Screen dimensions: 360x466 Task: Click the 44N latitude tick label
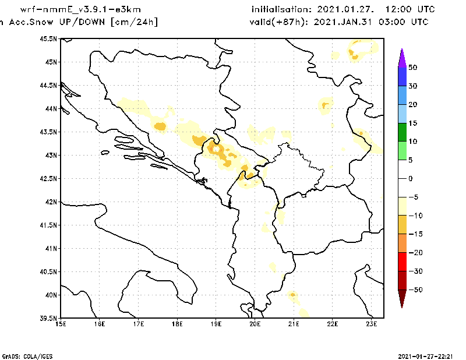point(50,108)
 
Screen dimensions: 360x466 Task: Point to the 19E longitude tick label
point(216,323)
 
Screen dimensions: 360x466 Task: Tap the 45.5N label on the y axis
point(48,38)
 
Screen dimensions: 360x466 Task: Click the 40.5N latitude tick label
point(48,271)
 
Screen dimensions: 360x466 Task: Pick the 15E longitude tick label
point(61,323)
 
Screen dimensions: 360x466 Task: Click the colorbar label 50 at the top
point(412,68)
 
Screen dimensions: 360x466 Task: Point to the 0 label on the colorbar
point(410,178)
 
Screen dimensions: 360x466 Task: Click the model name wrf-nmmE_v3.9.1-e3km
point(80,10)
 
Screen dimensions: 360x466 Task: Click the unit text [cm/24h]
point(134,22)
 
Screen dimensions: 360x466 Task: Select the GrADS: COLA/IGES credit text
point(23,355)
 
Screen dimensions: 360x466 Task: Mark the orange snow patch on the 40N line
point(292,295)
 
